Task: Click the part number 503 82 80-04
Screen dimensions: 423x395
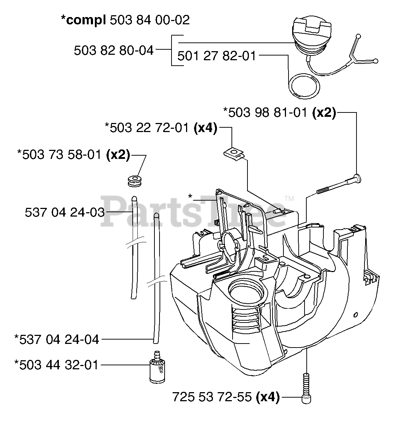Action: pyautogui.click(x=113, y=50)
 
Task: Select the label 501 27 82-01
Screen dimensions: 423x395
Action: pyautogui.click(x=217, y=56)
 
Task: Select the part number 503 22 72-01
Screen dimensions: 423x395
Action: pyautogui.click(x=147, y=127)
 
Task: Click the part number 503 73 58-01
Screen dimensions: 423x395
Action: pyautogui.click(x=61, y=154)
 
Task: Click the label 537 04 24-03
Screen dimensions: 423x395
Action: pyautogui.click(x=64, y=212)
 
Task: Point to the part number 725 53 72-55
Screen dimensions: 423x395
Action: pyautogui.click(x=212, y=397)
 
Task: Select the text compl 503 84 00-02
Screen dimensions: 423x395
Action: pyautogui.click(x=125, y=20)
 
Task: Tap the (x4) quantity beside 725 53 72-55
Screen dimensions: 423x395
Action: pyautogui.click(x=267, y=397)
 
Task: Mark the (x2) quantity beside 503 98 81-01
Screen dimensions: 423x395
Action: pyautogui.click(x=324, y=113)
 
